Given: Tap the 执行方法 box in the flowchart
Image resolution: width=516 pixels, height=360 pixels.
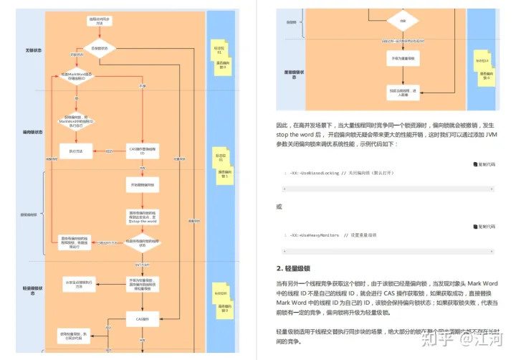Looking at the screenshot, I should pyautogui.click(x=76, y=151).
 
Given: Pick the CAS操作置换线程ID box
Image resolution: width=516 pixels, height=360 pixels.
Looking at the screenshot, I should pyautogui.click(x=142, y=151).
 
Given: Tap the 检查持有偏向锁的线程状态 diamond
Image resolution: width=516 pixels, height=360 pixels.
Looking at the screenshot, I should pyautogui.click(x=142, y=242).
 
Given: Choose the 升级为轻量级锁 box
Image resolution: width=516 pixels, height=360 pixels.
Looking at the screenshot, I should pyautogui.click(x=142, y=282).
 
